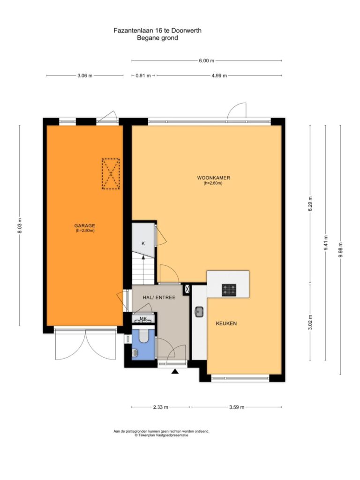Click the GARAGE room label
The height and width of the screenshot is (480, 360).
(85, 225)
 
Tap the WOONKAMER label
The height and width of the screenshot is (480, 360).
(213, 178)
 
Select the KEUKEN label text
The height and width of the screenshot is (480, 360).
(226, 323)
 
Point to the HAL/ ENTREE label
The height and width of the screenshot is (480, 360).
(159, 297)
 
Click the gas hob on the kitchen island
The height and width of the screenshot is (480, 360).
(229, 290)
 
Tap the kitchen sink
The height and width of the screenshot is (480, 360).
(199, 312)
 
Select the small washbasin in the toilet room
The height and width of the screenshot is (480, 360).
(135, 353)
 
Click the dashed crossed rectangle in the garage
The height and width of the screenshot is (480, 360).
(111, 173)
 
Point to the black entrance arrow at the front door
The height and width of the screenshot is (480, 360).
(175, 371)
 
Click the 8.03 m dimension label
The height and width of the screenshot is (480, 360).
(20, 225)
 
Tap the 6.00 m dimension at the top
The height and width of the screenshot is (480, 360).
(206, 60)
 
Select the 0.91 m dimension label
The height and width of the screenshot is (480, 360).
(143, 75)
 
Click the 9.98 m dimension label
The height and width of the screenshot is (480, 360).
(340, 250)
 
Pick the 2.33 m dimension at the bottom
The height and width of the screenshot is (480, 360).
(160, 407)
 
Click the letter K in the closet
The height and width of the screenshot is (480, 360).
(143, 244)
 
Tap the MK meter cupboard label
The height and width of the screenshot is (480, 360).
(143, 319)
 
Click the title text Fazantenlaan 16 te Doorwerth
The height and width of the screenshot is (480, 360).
(157, 30)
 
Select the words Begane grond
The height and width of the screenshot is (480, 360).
(157, 38)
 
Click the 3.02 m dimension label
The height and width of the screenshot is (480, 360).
(310, 322)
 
